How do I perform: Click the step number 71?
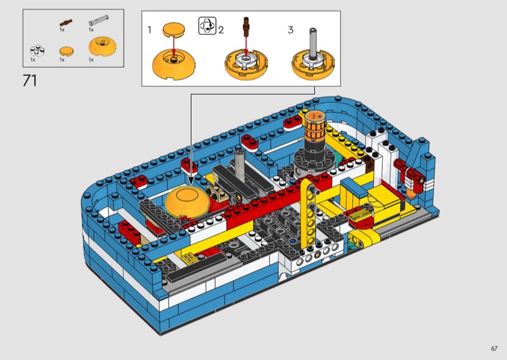click(30, 80)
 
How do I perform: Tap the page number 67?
click(494, 349)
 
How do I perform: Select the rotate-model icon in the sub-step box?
click(207, 26)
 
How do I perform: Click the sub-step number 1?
click(150, 30)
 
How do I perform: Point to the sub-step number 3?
click(290, 30)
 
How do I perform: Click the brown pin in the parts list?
click(66, 23)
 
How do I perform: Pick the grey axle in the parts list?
click(99, 20)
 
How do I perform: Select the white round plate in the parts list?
click(37, 50)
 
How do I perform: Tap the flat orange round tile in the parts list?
click(67, 51)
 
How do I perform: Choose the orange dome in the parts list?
click(103, 46)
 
